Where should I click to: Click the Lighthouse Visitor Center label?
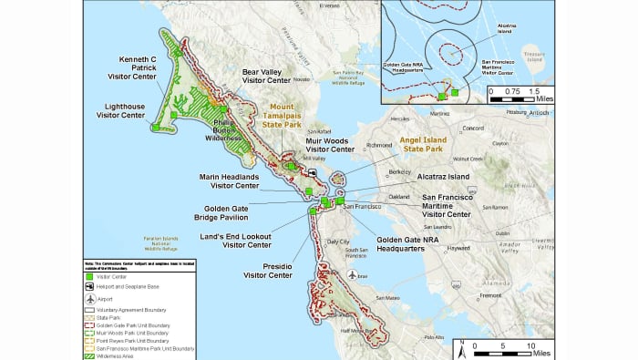[121, 110]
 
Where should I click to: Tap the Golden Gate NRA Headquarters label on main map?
[410, 244]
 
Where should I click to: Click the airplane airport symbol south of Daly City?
[352, 274]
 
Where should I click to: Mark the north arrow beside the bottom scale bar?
[464, 347]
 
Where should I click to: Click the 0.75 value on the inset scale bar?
[511, 91]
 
